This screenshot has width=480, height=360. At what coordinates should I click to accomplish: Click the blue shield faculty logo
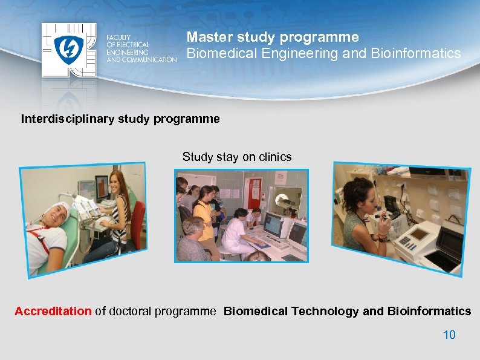click(x=67, y=49)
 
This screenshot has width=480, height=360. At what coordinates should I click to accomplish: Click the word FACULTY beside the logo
click(x=118, y=38)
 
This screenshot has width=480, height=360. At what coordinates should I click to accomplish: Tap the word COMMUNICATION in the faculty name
click(x=152, y=59)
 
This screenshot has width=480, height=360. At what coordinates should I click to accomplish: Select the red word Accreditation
click(x=53, y=311)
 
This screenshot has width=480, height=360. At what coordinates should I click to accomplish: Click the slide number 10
click(x=449, y=335)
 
